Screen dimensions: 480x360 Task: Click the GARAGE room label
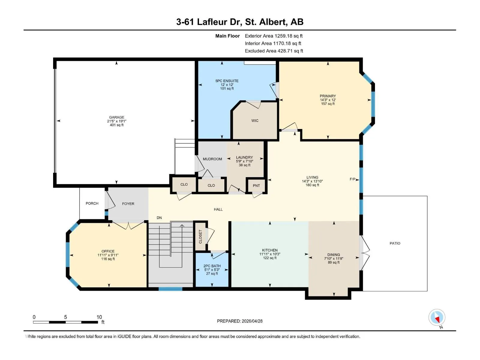[x=117, y=117]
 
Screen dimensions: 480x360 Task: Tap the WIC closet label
[x=255, y=121]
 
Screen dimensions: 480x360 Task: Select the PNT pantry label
[x=256, y=186]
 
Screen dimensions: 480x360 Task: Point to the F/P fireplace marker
[x=352, y=179]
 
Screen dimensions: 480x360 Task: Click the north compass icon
[x=437, y=317]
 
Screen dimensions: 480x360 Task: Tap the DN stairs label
[x=159, y=218]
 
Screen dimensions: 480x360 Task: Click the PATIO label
[x=395, y=243]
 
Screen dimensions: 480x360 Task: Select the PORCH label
[x=92, y=203]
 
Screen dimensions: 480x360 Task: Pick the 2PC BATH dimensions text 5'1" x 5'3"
[x=212, y=270]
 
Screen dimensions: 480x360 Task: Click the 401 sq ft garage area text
[x=117, y=125]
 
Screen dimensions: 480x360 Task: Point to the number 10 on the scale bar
[x=99, y=317]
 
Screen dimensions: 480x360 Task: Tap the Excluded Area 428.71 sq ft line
[x=274, y=51]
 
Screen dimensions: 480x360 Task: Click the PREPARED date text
[x=240, y=321]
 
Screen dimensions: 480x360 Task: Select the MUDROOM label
[x=212, y=159]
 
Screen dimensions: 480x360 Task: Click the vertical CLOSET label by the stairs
[x=200, y=236]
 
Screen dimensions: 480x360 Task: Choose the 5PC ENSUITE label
[x=227, y=81]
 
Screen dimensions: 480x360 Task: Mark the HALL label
[x=218, y=209]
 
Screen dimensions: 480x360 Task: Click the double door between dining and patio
[x=364, y=253]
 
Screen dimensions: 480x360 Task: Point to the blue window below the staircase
[x=170, y=289]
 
